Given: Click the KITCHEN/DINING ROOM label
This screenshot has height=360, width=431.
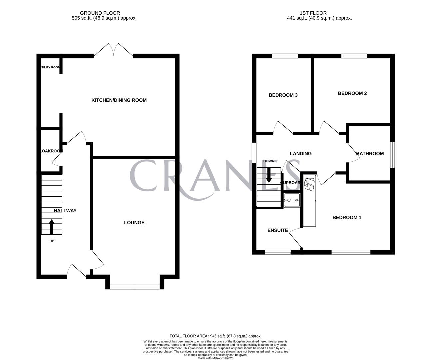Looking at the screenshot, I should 119,100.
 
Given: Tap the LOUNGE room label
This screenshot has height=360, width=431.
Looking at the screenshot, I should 134,222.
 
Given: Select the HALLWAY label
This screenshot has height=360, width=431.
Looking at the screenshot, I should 65,211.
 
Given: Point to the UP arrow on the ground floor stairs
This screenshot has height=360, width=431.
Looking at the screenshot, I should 52,227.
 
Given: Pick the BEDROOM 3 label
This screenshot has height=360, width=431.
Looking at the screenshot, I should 283,95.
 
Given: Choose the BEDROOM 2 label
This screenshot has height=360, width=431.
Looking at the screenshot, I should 352,93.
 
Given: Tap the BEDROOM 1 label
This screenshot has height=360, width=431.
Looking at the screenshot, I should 347,217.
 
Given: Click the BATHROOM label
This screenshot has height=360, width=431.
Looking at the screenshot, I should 370,154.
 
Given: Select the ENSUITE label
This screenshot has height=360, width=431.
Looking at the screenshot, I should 278,230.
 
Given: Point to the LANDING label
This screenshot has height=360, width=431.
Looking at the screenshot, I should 301,154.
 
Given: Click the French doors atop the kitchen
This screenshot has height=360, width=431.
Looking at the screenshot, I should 113,50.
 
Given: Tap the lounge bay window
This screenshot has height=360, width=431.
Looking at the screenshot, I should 135,286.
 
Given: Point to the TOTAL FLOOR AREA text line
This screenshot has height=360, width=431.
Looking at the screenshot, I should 215,336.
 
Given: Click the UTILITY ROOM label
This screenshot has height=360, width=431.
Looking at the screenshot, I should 50,67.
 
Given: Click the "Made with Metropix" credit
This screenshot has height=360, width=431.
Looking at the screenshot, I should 215,358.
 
